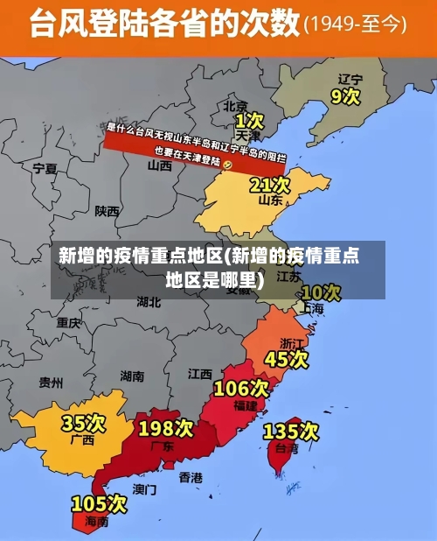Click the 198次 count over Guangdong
(165, 428)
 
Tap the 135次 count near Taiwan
(291, 431)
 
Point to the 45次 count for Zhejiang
(287, 358)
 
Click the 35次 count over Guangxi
(83, 423)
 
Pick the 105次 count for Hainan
(99, 503)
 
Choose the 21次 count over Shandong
(269, 185)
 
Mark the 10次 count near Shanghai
(320, 292)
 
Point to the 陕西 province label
(108, 210)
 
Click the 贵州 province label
(51, 382)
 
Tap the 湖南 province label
(132, 376)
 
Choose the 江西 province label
(199, 373)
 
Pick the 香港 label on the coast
(191, 477)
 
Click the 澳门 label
(145, 488)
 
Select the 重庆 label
(68, 322)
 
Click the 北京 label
(236, 106)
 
